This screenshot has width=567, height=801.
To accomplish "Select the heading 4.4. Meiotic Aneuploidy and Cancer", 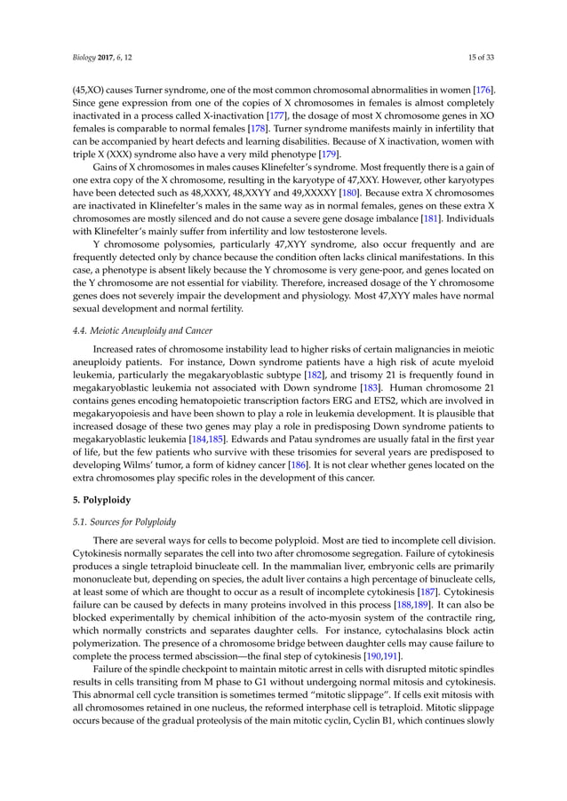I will coord(130,329).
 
